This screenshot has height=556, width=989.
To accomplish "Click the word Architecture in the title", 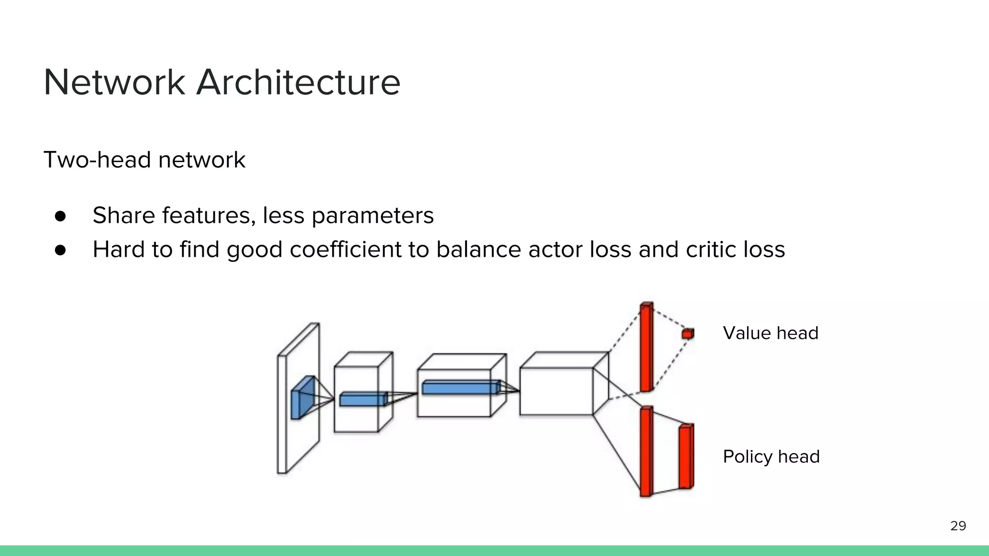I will (298, 83).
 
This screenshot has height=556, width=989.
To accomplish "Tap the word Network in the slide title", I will (114, 83).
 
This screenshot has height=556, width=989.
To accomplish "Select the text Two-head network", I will (144, 160).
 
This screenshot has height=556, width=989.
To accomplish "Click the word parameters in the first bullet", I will (372, 216).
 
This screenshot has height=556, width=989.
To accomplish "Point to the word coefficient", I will (345, 250).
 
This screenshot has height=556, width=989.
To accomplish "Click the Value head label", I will (770, 333).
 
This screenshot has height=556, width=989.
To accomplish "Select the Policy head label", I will (771, 457).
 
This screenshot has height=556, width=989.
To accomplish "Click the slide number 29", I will (958, 526).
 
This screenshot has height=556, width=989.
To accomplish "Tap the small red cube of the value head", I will (688, 334).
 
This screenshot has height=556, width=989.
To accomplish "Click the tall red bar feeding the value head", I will (646, 347).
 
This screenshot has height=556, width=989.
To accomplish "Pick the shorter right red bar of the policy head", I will (686, 457).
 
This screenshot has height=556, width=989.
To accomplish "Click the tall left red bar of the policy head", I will (646, 452).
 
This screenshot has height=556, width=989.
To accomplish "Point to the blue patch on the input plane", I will (302, 398).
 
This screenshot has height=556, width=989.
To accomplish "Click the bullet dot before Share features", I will (60, 216).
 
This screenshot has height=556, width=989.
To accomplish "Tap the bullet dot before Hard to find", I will (60, 250).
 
